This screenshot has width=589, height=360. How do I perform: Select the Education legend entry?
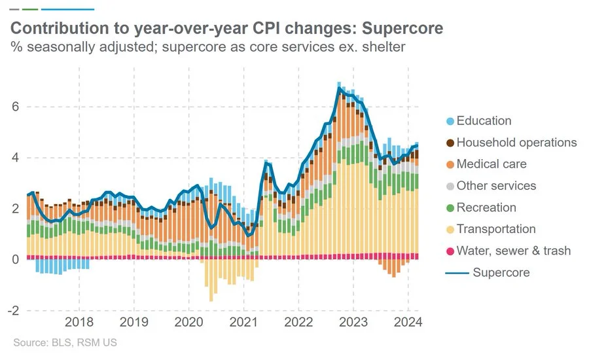pyautogui.click(x=484, y=120)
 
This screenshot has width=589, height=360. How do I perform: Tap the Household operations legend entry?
pyautogui.click(x=516, y=142)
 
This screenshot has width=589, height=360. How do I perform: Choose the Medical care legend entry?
pyautogui.click(x=491, y=164)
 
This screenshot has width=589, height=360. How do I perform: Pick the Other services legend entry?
pyautogui.click(x=496, y=186)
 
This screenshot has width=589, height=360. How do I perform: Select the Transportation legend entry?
pyautogui.click(x=495, y=229)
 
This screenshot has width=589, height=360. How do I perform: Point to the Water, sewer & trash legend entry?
pyautogui.click(x=513, y=251)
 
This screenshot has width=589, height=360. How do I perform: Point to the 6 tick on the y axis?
pyautogui.click(x=14, y=107)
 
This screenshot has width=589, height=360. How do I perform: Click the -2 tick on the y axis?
pyautogui.click(x=11, y=310)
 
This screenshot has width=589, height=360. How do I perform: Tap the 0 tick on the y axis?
pyautogui.click(x=14, y=259)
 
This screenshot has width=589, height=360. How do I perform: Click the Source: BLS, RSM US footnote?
pyautogui.click(x=65, y=342)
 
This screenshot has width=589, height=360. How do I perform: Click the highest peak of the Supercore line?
pyautogui.click(x=338, y=90)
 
